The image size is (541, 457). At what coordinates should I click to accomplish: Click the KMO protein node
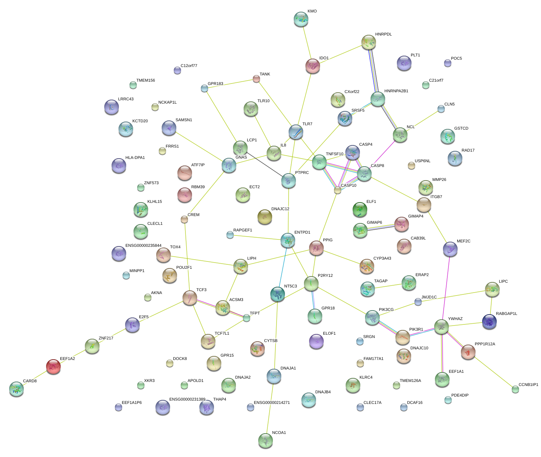click(x=301, y=19)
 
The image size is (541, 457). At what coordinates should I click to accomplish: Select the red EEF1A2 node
click(x=53, y=366)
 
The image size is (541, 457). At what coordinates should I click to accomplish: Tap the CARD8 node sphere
click(x=16, y=389)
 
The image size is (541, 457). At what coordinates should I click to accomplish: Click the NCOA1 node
click(x=265, y=441)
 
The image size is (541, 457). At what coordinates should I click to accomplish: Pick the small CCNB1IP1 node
click(x=515, y=389)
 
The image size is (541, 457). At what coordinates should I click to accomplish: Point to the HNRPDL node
click(x=369, y=42)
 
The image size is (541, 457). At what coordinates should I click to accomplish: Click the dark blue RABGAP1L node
click(x=489, y=322)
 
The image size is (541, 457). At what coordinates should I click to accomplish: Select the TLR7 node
click(x=296, y=132)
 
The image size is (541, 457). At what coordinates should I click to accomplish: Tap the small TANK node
click(x=256, y=79)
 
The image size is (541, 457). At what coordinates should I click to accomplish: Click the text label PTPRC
click(x=302, y=172)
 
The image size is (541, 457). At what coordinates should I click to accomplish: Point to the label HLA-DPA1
click(x=135, y=158)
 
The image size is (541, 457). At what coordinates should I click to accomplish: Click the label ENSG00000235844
click(x=143, y=246)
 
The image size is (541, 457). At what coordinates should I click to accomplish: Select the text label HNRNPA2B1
click(x=396, y=91)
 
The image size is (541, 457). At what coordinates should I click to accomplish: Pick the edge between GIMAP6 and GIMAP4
click(x=381, y=227)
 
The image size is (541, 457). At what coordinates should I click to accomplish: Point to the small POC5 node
click(x=447, y=63)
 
